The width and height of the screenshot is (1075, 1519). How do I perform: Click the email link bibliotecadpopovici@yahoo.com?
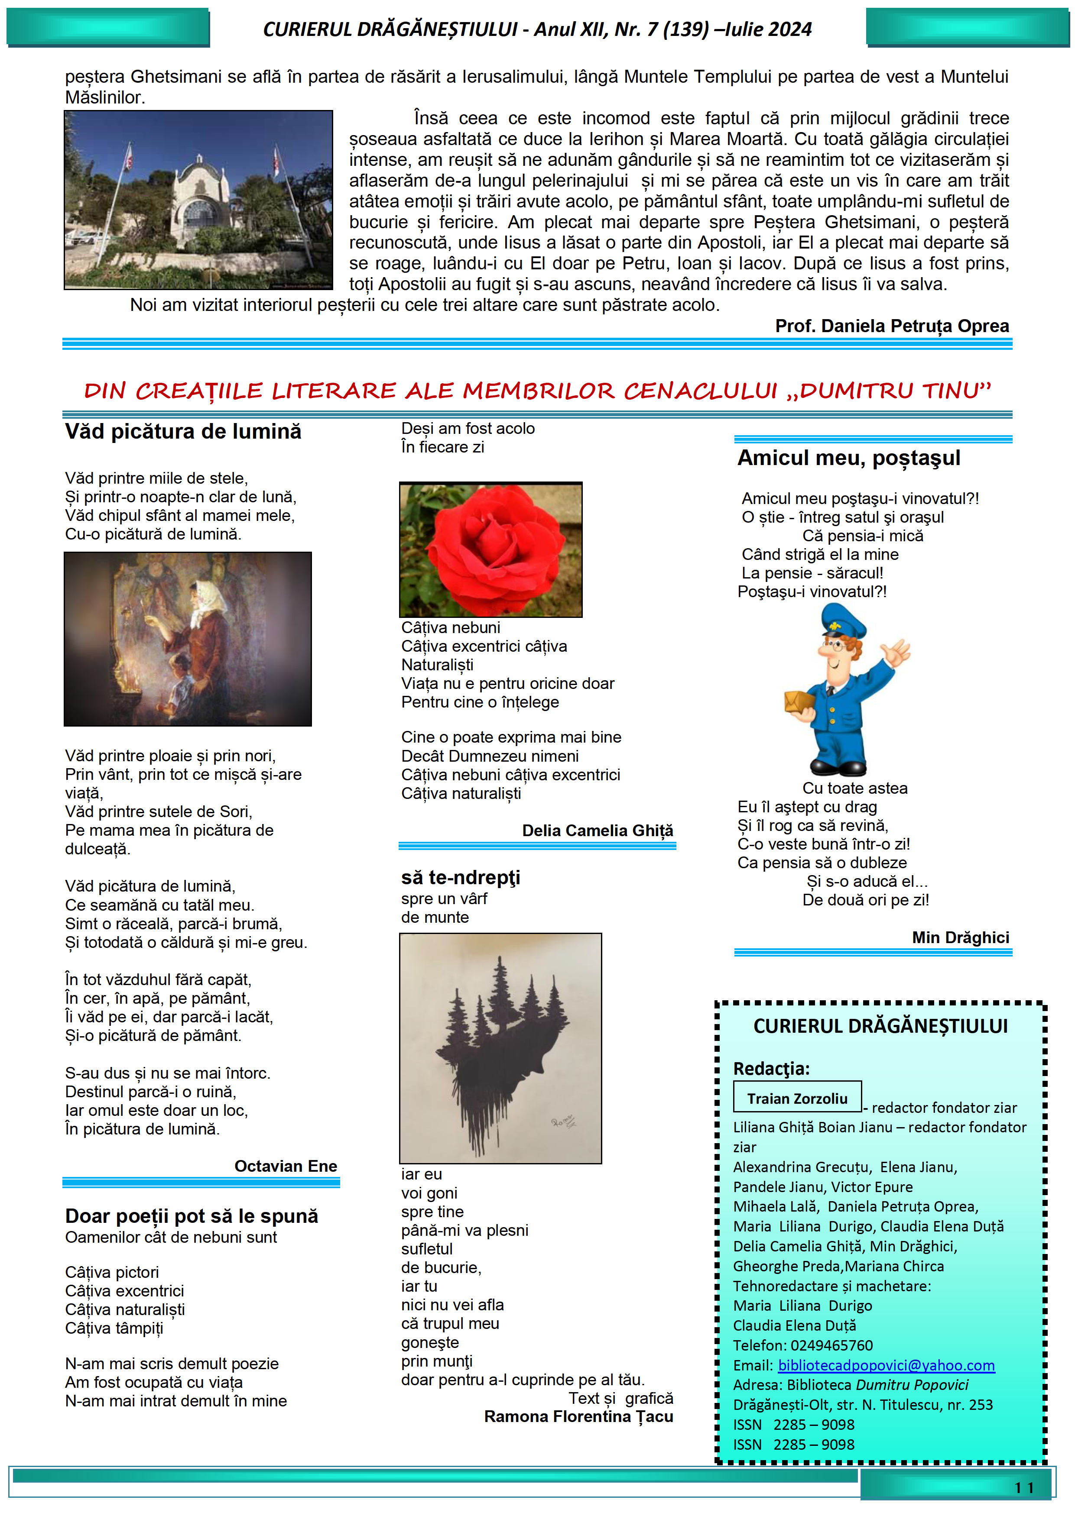click(886, 1365)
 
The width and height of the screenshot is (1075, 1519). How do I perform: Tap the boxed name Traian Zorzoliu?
click(797, 1098)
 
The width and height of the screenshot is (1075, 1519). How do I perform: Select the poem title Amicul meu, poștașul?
click(849, 458)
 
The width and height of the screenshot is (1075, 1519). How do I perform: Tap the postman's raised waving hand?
click(895, 652)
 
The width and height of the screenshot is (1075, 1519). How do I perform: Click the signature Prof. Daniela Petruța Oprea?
click(892, 326)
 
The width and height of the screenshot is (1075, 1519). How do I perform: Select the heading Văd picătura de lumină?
click(183, 431)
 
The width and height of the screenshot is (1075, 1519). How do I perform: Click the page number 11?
click(1023, 1488)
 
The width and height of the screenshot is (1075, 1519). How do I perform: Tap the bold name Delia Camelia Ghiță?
click(597, 830)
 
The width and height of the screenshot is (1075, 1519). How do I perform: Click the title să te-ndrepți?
click(460, 877)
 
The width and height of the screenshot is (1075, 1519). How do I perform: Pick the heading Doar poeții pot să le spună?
click(192, 1216)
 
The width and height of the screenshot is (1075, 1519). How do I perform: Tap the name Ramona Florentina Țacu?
click(578, 1416)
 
